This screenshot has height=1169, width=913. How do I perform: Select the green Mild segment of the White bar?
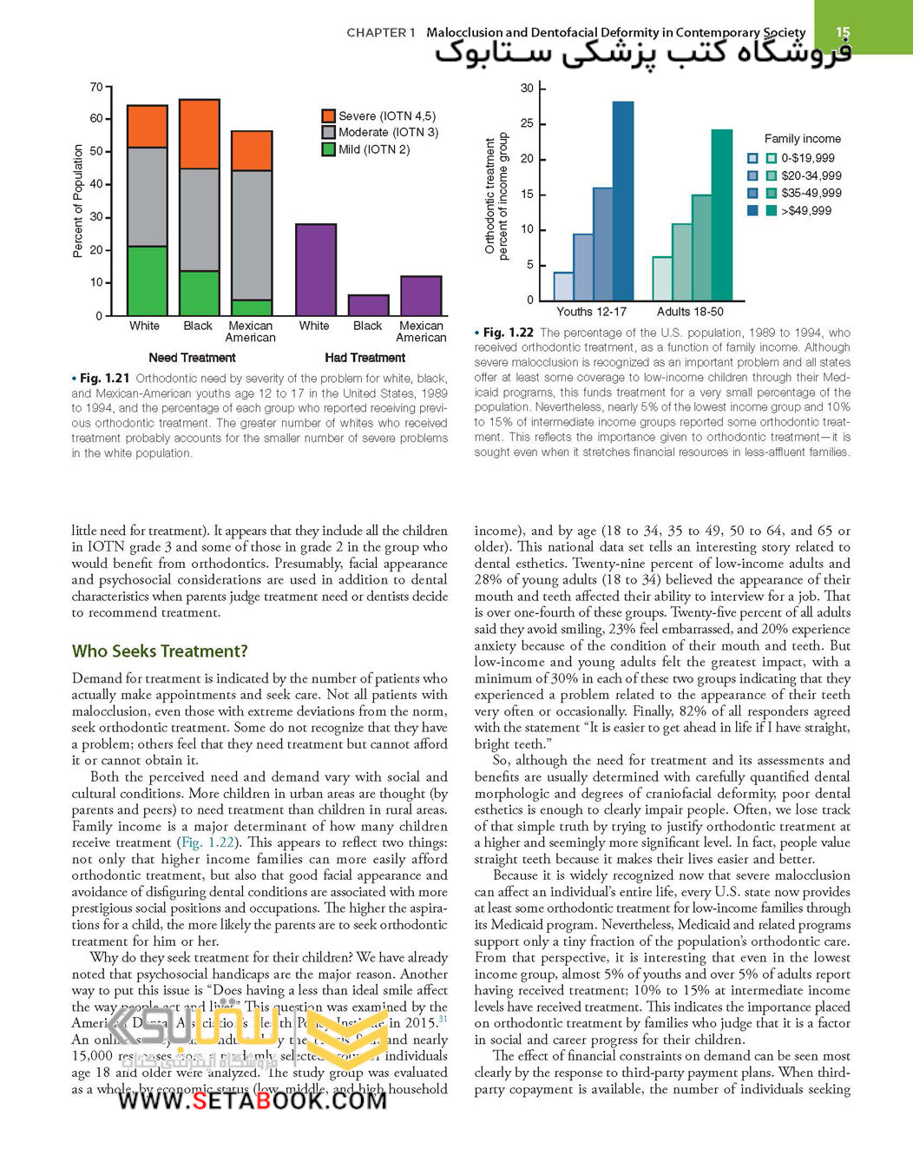coord(147,281)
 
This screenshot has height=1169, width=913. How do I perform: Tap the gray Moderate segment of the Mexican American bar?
coord(252,234)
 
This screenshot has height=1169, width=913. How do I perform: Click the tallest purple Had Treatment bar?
coord(316,269)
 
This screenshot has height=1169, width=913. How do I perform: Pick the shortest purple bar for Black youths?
coord(368,305)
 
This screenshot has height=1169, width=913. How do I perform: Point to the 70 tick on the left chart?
coord(95,87)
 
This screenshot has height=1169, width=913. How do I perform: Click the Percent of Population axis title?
coord(78,201)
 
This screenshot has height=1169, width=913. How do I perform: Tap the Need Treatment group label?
coord(192,358)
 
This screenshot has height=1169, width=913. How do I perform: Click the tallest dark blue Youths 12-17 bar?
coord(622,201)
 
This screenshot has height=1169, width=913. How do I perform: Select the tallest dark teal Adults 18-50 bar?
coord(721,215)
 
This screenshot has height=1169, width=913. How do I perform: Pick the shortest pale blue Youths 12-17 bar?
coord(563,286)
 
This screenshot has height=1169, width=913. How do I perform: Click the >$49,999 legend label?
coord(806,210)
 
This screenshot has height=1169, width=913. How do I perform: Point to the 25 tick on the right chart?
coord(527,123)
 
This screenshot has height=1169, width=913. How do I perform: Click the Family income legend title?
coord(802,139)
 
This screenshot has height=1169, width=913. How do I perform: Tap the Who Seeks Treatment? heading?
coord(160,651)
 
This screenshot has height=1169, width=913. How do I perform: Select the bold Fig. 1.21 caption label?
coord(104,379)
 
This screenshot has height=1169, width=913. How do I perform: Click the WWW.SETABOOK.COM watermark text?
coord(252,1100)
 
